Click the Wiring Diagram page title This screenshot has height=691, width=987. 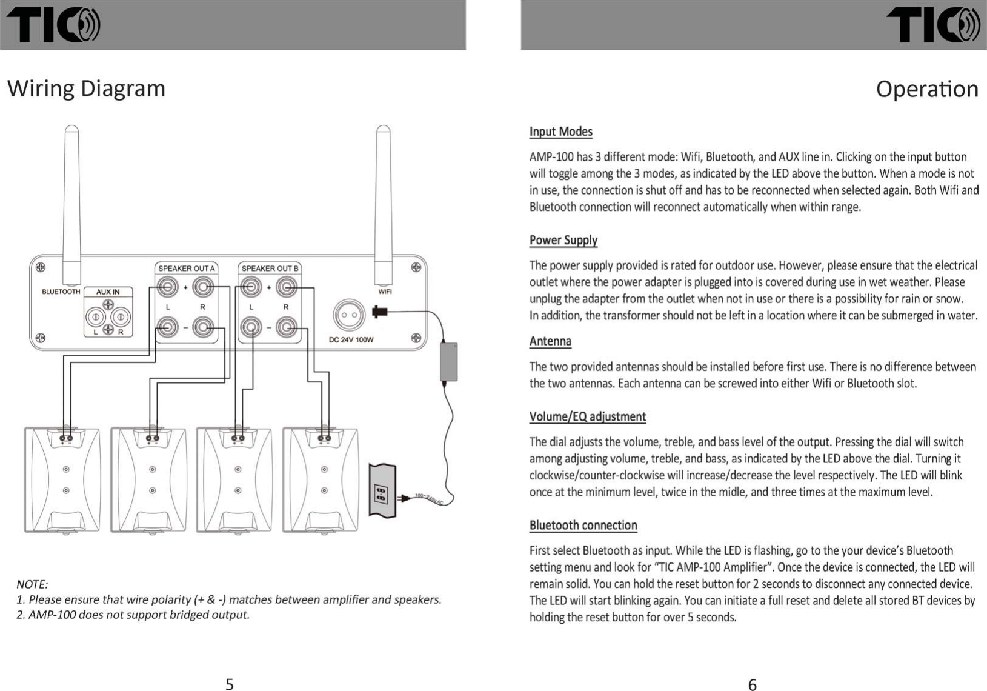[86, 88]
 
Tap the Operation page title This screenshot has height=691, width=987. [926, 89]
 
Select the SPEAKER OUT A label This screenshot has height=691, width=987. [186, 268]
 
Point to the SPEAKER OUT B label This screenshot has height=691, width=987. [270, 268]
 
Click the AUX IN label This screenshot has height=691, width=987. [108, 292]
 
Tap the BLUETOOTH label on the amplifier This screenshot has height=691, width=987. [61, 292]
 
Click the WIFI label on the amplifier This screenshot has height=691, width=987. [385, 292]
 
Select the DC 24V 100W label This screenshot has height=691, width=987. [351, 339]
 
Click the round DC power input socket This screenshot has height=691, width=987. [349, 315]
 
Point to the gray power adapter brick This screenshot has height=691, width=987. [448, 362]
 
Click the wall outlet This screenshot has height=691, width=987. [382, 492]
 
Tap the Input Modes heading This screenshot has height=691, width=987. [560, 132]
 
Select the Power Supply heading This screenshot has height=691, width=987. [563, 240]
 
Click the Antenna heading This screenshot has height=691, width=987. [550, 341]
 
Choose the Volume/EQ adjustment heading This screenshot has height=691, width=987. [587, 416]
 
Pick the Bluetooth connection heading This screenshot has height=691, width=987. [583, 525]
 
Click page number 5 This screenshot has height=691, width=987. [229, 684]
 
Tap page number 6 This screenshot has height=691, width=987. [752, 684]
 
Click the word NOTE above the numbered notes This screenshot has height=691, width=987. [32, 584]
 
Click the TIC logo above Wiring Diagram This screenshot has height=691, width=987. [53, 25]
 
